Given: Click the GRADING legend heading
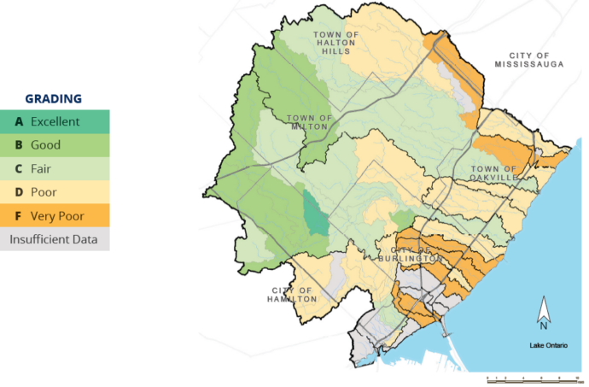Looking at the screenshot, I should (x=53, y=99).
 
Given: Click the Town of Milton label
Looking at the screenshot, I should (x=307, y=122).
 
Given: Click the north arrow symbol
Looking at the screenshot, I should (x=543, y=308).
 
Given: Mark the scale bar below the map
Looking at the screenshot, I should (x=522, y=376).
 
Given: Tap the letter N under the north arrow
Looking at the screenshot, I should (x=543, y=325).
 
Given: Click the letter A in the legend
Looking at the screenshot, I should (x=19, y=122).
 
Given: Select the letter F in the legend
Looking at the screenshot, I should (x=19, y=216).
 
